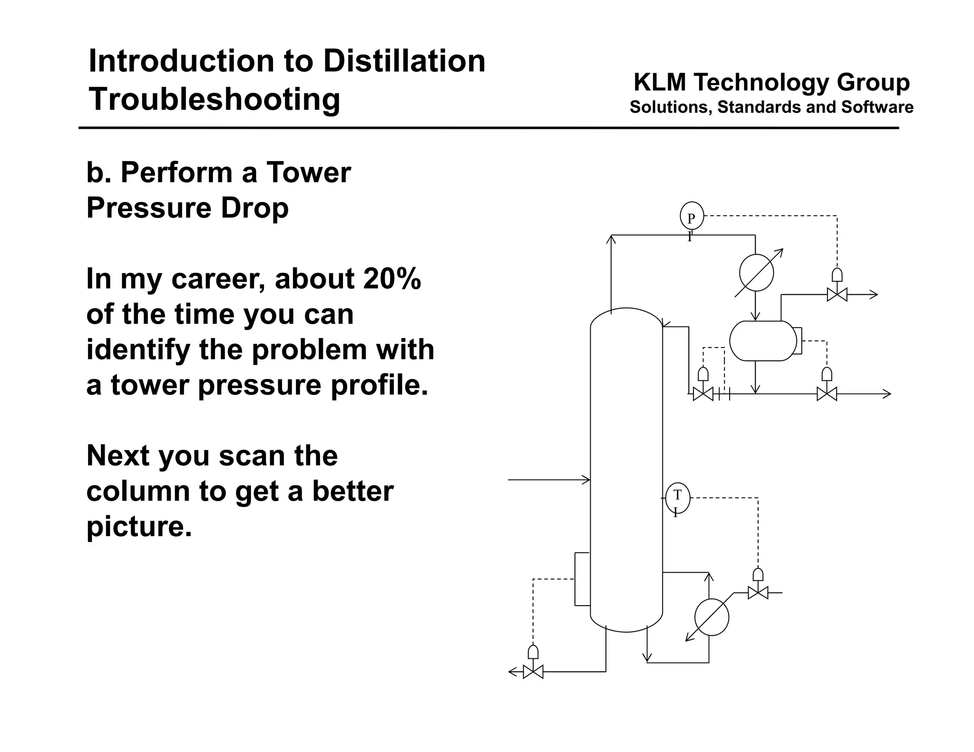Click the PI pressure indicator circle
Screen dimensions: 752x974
[x=692, y=216]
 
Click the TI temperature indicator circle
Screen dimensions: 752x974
[x=677, y=497]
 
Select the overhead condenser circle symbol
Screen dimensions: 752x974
[x=756, y=273]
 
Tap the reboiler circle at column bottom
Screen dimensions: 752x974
[x=711, y=617]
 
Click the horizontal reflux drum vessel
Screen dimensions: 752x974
[x=763, y=341]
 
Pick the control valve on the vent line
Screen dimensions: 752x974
[x=837, y=295]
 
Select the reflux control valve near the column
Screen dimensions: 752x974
[x=703, y=394]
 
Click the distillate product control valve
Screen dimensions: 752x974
[x=827, y=394]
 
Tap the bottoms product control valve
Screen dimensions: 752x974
[x=533, y=672]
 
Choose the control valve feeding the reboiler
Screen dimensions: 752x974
[x=758, y=593]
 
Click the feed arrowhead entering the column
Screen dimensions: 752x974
[x=587, y=480]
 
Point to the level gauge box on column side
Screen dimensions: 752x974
[x=582, y=579]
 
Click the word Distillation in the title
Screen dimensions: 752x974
[x=404, y=61]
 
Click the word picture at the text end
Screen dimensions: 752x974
[x=138, y=526]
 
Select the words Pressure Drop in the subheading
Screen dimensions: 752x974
[x=187, y=208]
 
